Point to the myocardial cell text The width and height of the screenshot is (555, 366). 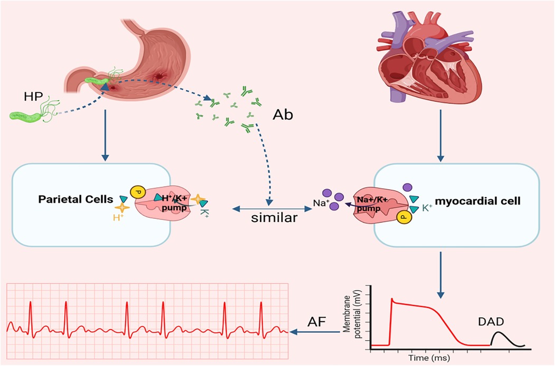(x=474, y=200)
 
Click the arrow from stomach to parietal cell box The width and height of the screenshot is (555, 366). (x=106, y=134)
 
